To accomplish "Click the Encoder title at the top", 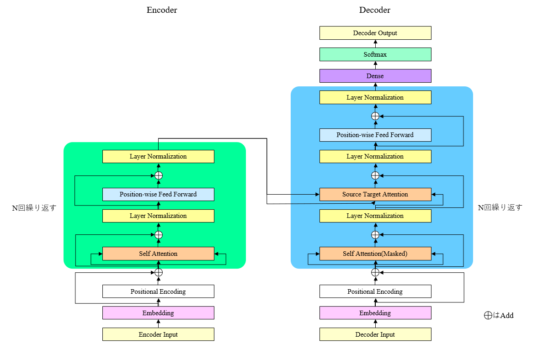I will (x=161, y=10).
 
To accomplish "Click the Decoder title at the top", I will (x=374, y=10).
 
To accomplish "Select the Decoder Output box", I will (x=375, y=33).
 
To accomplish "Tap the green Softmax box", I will (x=375, y=54).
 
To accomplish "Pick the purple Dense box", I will (x=375, y=76).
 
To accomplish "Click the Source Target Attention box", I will (x=375, y=194).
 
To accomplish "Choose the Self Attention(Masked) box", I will (x=375, y=254).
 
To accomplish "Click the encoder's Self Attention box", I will (x=158, y=254).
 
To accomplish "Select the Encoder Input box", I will (x=158, y=334).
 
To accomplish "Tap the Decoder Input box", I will (x=375, y=334).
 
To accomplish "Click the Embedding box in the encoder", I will (x=158, y=313).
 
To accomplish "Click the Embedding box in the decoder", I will (x=375, y=313).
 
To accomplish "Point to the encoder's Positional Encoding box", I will (x=158, y=291).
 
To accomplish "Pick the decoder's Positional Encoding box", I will (x=375, y=291).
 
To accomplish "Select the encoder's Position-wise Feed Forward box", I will (x=158, y=194).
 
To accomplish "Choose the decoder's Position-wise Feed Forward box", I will (x=375, y=135).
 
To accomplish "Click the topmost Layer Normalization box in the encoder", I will (x=158, y=156).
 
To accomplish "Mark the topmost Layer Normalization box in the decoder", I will (x=375, y=97).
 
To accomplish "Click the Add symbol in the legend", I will (x=488, y=315).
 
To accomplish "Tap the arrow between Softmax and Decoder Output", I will (x=375, y=43).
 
